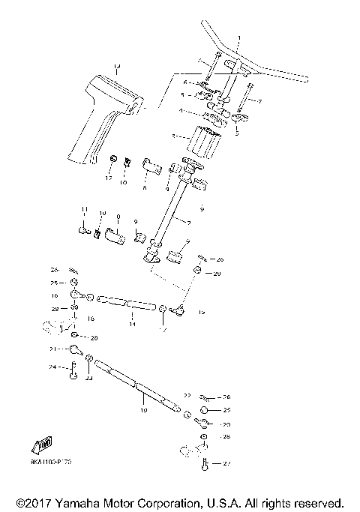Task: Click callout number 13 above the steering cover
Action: (116, 68)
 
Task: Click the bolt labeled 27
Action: (205, 464)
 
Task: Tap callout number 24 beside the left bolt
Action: (54, 367)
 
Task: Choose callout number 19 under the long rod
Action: (143, 411)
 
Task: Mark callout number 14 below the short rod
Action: (132, 324)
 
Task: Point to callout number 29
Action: (217, 274)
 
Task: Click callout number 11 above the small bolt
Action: (84, 209)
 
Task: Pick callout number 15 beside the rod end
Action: (201, 311)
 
